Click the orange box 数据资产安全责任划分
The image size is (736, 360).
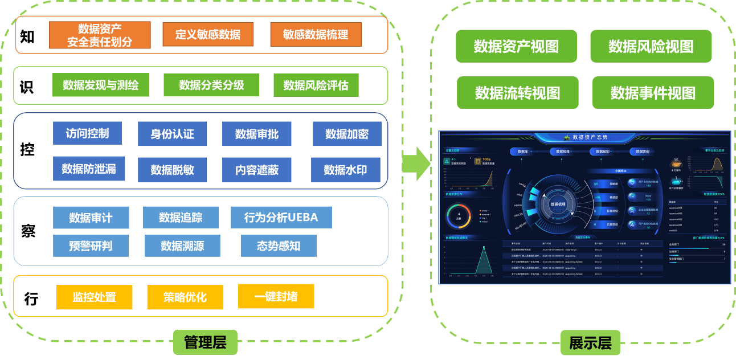(100, 35)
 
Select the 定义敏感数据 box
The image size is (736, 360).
(207, 34)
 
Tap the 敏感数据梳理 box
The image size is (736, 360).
(316, 34)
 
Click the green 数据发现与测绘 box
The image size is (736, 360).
(101, 85)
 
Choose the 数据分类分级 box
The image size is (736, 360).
(211, 85)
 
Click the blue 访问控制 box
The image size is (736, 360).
(87, 133)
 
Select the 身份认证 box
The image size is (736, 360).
(172, 134)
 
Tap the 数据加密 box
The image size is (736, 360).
(347, 134)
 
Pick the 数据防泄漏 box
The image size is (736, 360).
(89, 169)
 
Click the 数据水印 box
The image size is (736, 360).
(346, 170)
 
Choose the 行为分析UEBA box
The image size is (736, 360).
(281, 217)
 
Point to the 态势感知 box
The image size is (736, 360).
(279, 246)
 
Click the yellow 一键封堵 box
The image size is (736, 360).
(276, 296)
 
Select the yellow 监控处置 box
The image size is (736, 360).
(94, 297)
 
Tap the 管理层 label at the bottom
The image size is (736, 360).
(205, 342)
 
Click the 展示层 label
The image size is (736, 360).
(590, 343)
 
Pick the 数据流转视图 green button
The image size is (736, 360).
(517, 93)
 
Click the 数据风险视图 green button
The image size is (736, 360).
(651, 46)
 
